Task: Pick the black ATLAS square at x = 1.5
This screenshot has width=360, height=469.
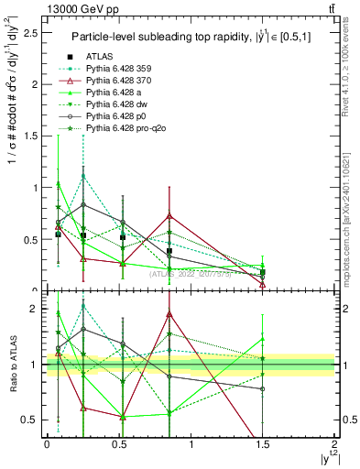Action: point(263,272)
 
